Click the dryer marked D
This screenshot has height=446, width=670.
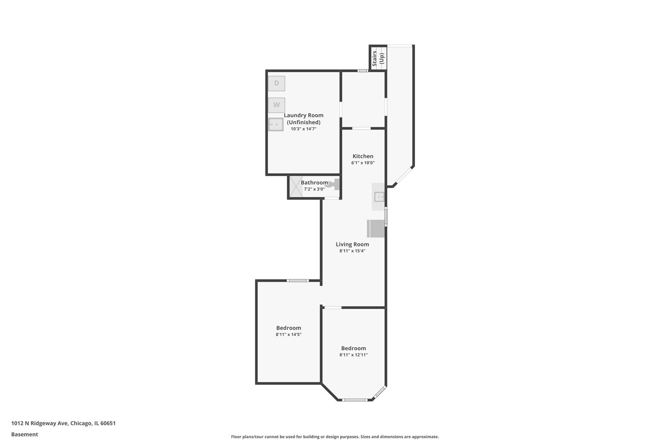pos(276,83)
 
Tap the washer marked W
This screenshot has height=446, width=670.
pos(276,105)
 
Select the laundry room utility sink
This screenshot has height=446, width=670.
pos(275,124)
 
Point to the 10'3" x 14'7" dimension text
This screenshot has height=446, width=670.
pos(304,129)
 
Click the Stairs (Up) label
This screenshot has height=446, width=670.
pos(378,58)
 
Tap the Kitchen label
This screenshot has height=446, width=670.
pos(363,156)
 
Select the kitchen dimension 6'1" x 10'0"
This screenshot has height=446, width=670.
pos(363,163)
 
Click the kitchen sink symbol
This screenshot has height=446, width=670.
pos(379,197)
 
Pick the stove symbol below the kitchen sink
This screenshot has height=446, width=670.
pos(376,228)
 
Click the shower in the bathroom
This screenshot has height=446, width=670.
pos(296,186)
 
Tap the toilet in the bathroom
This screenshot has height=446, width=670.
pos(334,184)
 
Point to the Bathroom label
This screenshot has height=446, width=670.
pos(314,183)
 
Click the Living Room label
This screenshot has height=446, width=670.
pos(352,244)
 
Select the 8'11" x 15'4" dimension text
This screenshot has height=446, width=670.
pos(352,251)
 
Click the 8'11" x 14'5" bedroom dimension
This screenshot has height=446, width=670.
pos(289,334)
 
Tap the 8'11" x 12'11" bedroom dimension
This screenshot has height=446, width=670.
pos(354,355)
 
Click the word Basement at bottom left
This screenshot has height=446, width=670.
pos(24,434)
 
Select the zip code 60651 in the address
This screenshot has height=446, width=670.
pos(108,423)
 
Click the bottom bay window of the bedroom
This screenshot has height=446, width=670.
pos(355,400)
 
